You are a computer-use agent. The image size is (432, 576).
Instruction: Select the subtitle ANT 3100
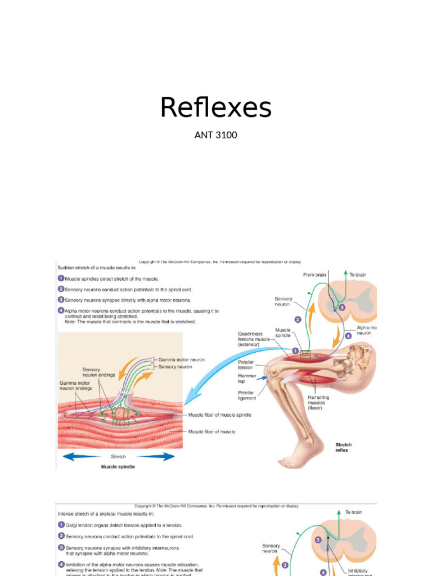click(x=215, y=135)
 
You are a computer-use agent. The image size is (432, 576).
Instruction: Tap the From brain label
click(x=314, y=274)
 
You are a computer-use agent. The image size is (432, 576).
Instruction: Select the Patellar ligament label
click(x=246, y=395)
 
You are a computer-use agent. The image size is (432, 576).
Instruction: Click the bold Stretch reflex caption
click(x=343, y=447)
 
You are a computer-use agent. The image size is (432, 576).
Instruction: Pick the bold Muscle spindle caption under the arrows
click(x=119, y=466)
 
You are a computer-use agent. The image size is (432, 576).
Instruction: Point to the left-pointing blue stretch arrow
click(x=82, y=457)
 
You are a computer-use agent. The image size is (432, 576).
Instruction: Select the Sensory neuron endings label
click(x=99, y=372)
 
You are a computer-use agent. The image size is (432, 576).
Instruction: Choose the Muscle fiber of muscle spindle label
click(x=219, y=415)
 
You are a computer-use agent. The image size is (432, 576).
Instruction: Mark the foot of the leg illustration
click(x=298, y=456)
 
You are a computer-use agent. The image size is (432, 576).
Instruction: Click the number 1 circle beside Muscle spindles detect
click(x=61, y=278)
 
